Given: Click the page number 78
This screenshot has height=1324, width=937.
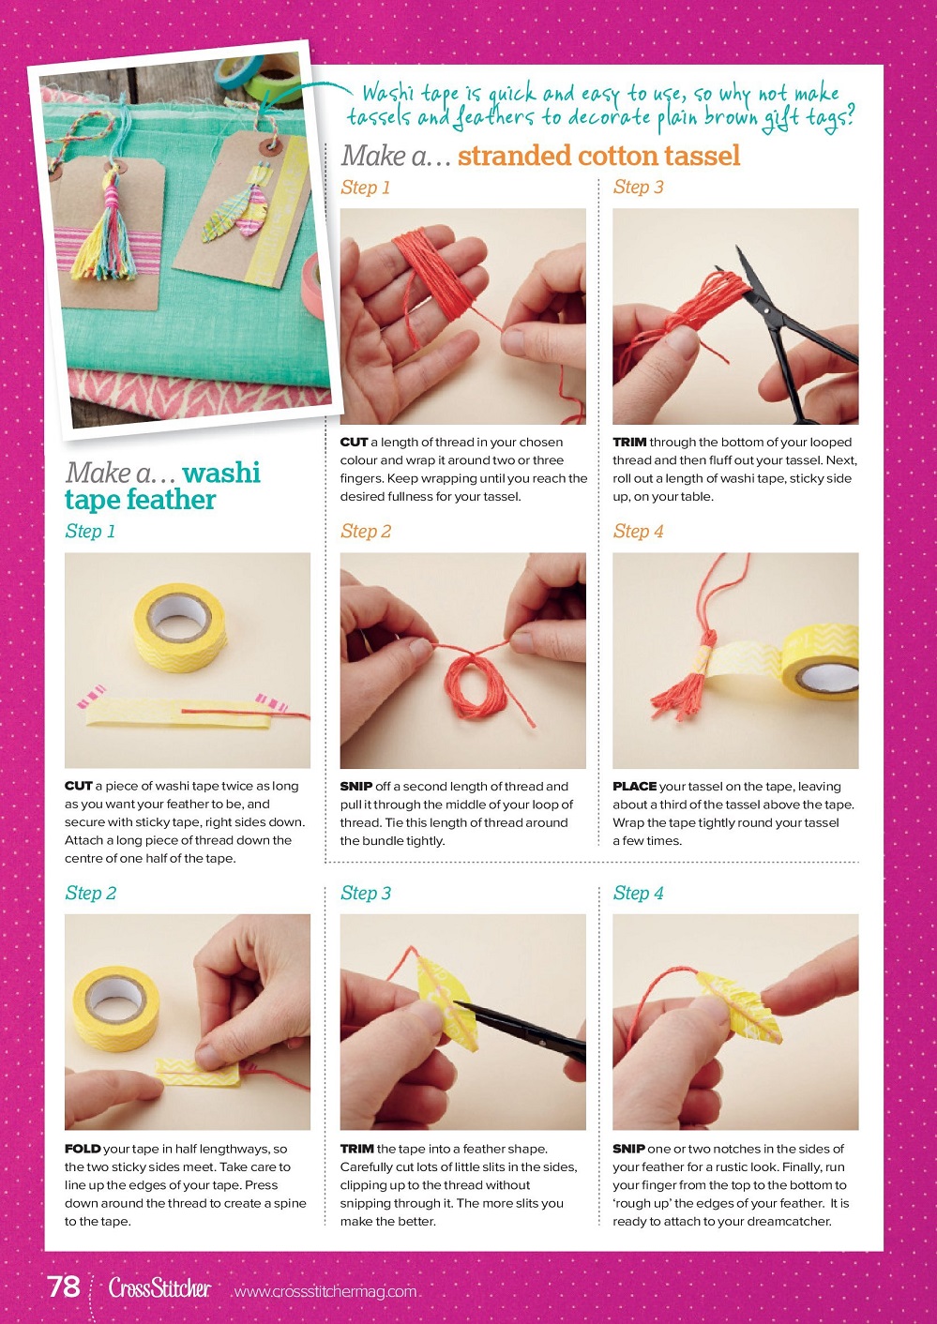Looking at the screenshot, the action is pyautogui.click(x=64, y=1286).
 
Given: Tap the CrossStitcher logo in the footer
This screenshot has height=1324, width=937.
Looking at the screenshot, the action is pyautogui.click(x=159, y=1287).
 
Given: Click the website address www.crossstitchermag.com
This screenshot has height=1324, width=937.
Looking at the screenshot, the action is pyautogui.click(x=325, y=1291).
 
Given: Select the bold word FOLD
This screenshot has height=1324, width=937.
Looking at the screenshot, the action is pyautogui.click(x=83, y=1149).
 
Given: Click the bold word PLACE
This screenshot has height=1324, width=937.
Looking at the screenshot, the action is pyautogui.click(x=634, y=786).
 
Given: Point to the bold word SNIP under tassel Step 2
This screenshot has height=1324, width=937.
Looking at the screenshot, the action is pyautogui.click(x=355, y=786).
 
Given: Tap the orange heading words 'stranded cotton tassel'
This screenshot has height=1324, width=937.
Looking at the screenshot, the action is pyautogui.click(x=598, y=156).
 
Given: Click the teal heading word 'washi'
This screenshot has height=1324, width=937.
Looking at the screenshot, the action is pyautogui.click(x=221, y=473).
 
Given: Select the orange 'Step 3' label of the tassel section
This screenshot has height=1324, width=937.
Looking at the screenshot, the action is pyautogui.click(x=638, y=188).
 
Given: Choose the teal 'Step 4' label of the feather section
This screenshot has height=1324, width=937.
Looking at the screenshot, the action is pyautogui.click(x=638, y=893).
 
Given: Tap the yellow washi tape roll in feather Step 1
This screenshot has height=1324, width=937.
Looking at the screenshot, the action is pyautogui.click(x=180, y=627).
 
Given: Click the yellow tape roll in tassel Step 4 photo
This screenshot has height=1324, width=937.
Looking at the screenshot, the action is pyautogui.click(x=820, y=662).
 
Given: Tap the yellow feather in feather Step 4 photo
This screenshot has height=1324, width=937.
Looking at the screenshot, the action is pyautogui.click(x=739, y=1006).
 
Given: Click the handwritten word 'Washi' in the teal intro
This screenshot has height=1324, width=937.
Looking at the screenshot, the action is pyautogui.click(x=388, y=94).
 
